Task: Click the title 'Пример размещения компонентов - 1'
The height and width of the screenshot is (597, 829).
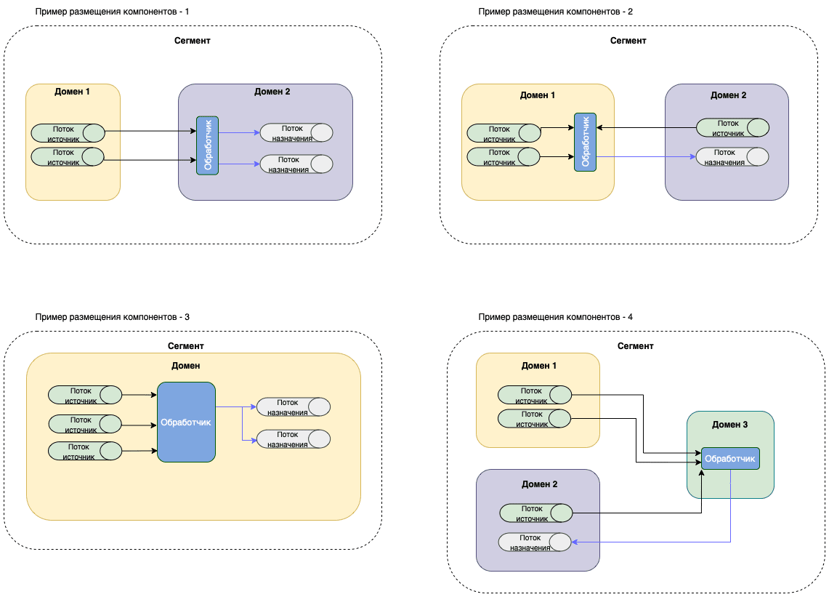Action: pos(113,12)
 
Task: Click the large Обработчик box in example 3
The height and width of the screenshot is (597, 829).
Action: pos(186,422)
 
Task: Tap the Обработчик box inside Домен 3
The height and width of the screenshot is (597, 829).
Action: pos(730,459)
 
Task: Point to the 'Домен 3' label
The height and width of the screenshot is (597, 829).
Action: pos(730,424)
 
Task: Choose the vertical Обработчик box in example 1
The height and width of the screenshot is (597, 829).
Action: pos(207,145)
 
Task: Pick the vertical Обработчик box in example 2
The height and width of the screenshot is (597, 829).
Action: pos(585,142)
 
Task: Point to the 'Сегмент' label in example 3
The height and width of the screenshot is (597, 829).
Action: pos(185,346)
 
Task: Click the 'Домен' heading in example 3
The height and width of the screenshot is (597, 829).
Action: pos(187,366)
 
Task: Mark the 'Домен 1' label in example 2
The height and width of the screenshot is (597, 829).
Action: pos(538,95)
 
